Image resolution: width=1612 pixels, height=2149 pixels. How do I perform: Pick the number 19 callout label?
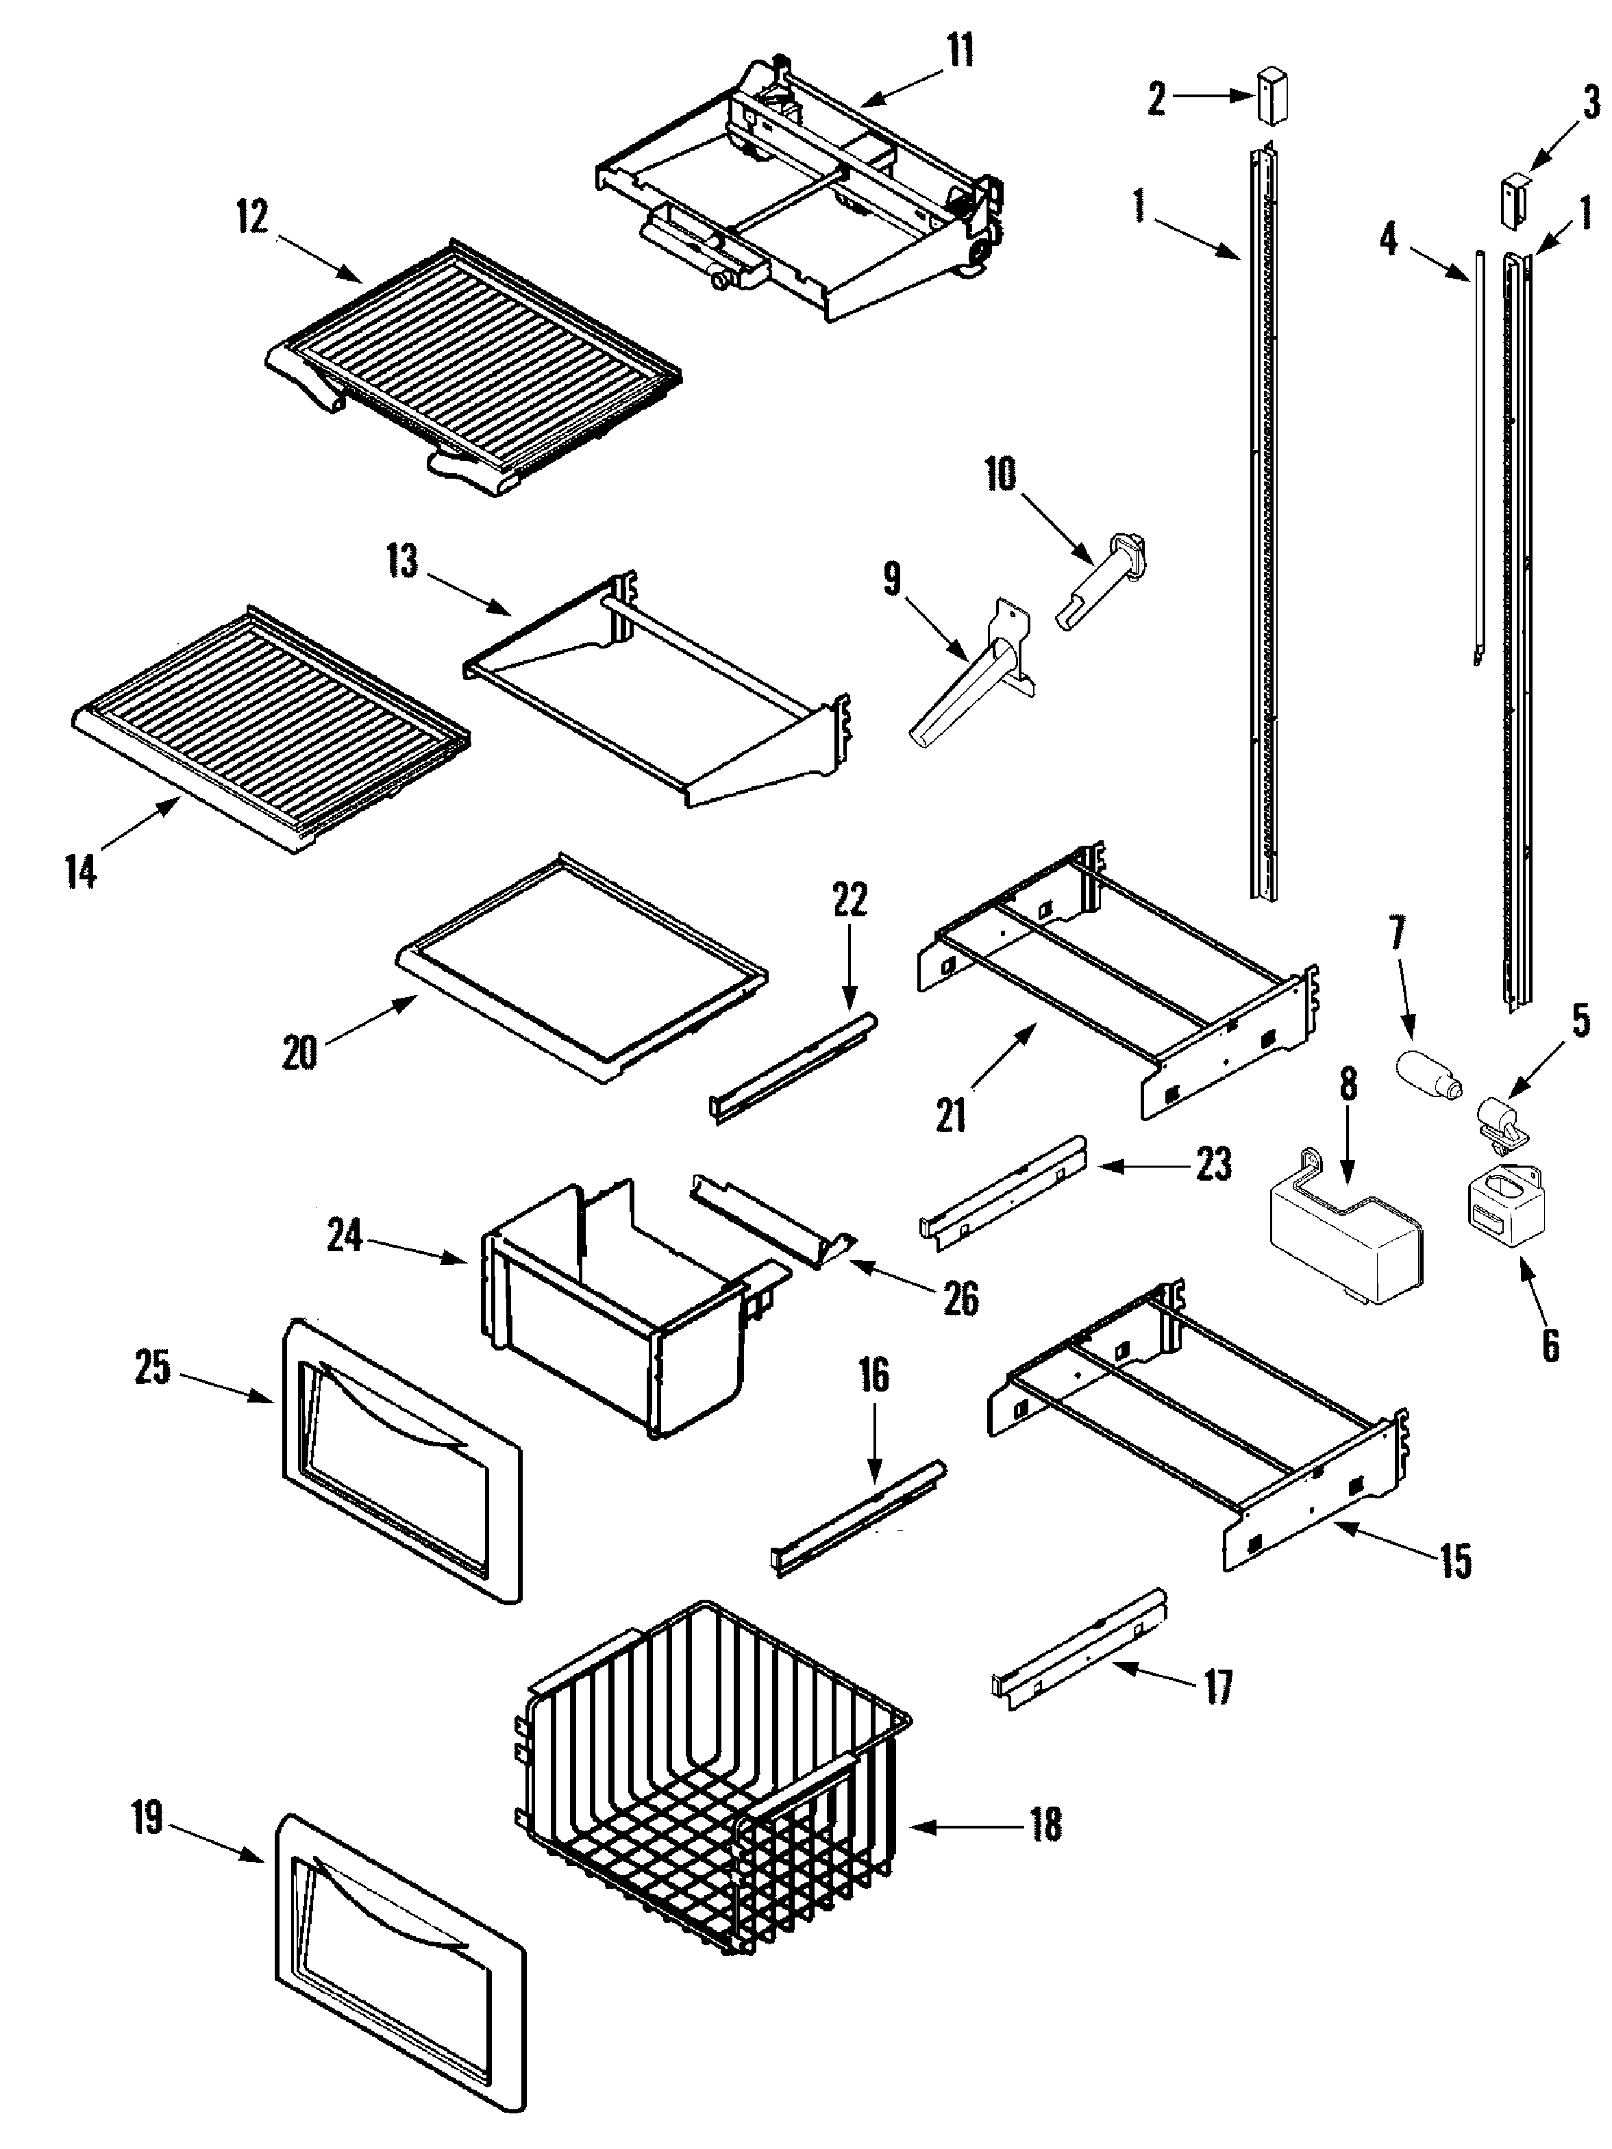click(x=148, y=1818)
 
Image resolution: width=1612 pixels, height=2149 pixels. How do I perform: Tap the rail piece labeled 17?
click(x=1078, y=1648)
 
